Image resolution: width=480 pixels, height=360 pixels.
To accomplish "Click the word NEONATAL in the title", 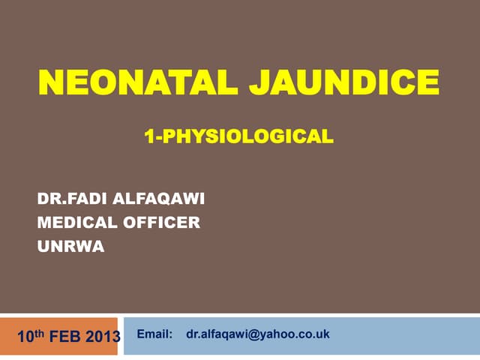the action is pyautogui.click(x=138, y=82).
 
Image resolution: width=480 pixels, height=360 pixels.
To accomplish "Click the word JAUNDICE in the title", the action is pyautogui.click(x=344, y=82).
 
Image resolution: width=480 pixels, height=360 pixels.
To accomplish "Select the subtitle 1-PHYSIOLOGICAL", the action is pyautogui.click(x=238, y=136).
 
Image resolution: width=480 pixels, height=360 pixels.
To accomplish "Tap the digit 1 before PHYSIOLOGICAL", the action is pyautogui.click(x=149, y=136).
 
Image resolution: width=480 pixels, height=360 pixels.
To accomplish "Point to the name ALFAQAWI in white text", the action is pyautogui.click(x=158, y=199).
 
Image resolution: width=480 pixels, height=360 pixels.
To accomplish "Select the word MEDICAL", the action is pyautogui.click(x=77, y=223).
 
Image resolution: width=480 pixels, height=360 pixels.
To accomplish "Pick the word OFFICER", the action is pyautogui.click(x=162, y=223).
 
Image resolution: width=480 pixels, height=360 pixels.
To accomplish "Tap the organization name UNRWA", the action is pyautogui.click(x=70, y=247).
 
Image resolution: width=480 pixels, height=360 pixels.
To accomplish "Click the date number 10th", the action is pyautogui.click(x=31, y=336).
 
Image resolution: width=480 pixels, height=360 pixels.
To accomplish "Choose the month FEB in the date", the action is pyautogui.click(x=65, y=337).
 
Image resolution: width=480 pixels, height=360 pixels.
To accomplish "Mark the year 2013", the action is pyautogui.click(x=103, y=337).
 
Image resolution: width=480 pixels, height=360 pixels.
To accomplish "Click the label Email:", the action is pyautogui.click(x=154, y=334).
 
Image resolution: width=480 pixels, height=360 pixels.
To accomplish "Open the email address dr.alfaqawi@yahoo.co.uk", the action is pyautogui.click(x=258, y=334).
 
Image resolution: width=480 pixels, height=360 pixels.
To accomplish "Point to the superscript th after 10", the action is pyautogui.click(x=40, y=333).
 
